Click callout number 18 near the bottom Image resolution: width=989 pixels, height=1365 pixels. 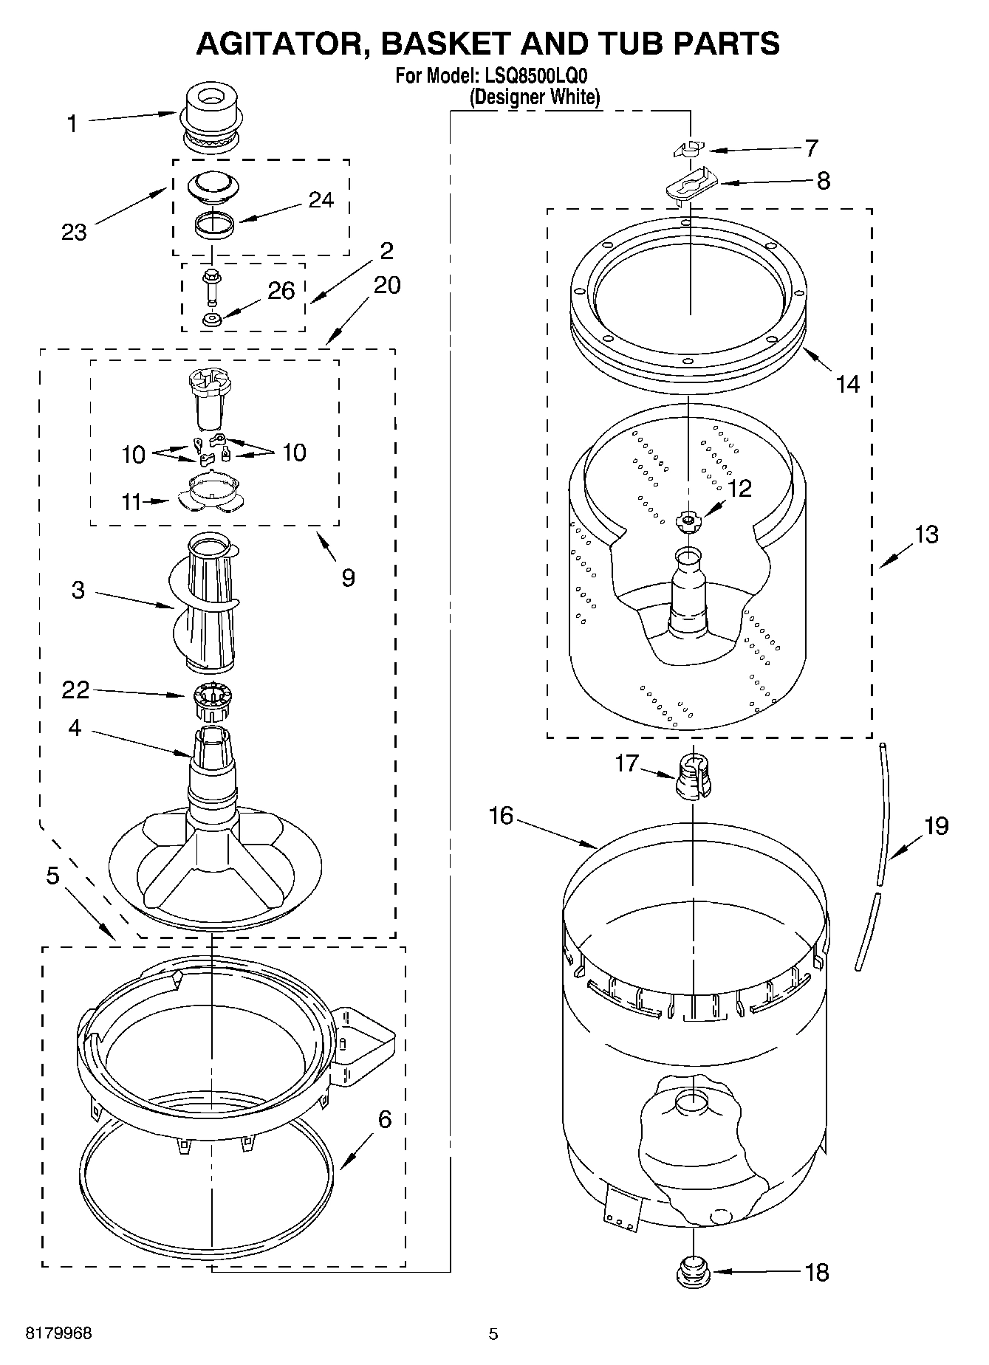click(816, 1272)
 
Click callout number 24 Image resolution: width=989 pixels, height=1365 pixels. click(320, 200)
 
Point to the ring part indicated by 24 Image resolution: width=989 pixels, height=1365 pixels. click(215, 224)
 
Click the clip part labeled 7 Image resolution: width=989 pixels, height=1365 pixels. click(690, 149)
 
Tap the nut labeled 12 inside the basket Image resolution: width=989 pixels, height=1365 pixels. click(688, 520)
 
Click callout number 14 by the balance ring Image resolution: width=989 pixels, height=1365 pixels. click(847, 383)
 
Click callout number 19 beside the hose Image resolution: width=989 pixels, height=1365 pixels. click(935, 825)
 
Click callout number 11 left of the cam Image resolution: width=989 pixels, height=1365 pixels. click(131, 502)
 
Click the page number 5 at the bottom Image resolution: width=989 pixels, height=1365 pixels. click(493, 1333)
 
